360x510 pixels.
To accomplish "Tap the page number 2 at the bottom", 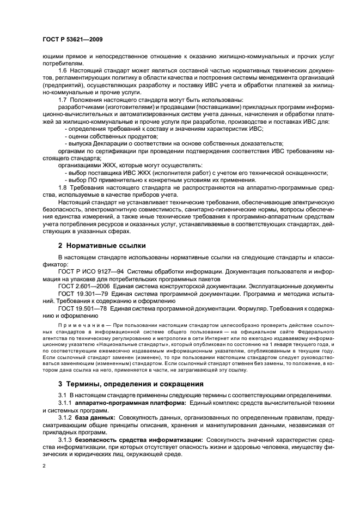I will point(44,466).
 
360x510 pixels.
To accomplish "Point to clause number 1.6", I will point(63,71).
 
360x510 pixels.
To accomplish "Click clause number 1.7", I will point(63,99).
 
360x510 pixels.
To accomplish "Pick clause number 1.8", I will point(63,187).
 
